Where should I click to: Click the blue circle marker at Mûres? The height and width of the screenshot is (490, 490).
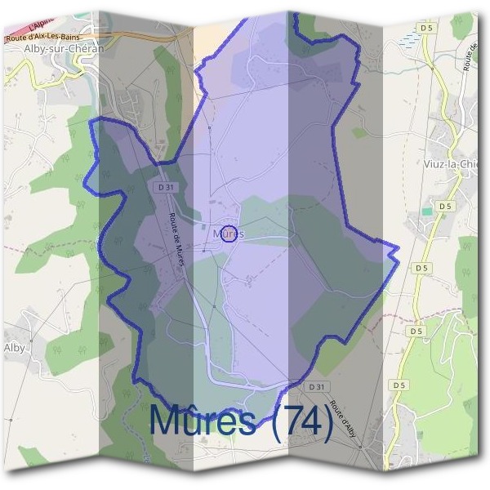pyautogui.click(x=229, y=234)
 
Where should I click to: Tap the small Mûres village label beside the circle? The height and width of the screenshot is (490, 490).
pyautogui.click(x=220, y=234)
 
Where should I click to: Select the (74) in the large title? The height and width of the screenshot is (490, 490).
pyautogui.click(x=301, y=421)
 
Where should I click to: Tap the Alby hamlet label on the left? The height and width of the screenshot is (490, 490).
pyautogui.click(x=15, y=347)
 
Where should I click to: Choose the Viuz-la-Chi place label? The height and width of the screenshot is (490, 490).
pyautogui.click(x=451, y=163)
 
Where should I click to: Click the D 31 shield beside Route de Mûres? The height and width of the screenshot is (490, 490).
pyautogui.click(x=163, y=187)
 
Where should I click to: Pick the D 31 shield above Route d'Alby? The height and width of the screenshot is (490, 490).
pyautogui.click(x=318, y=385)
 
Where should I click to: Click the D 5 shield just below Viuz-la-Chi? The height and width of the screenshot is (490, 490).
pyautogui.click(x=444, y=207)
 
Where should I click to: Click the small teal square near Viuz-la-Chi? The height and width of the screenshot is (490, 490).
pyautogui.click(x=426, y=212)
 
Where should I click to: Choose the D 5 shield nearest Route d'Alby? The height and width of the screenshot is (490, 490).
pyautogui.click(x=399, y=385)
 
